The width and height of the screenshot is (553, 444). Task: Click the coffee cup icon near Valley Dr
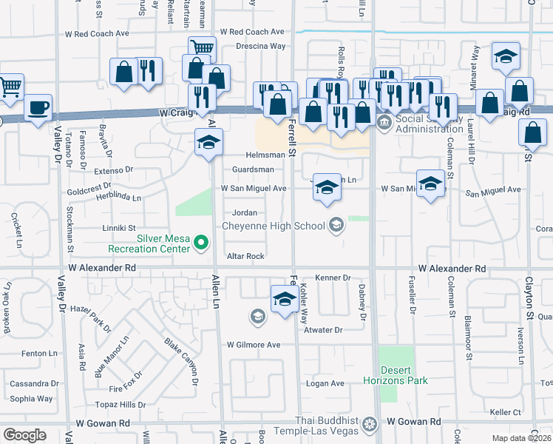click(38, 108)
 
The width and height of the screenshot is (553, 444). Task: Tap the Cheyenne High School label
click(274, 226)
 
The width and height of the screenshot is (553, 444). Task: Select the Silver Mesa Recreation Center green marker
click(200, 242)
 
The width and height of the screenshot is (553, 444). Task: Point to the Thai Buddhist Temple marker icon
click(368, 425)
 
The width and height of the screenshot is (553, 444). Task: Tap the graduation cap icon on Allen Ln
click(208, 141)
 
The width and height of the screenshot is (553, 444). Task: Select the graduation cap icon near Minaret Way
click(506, 56)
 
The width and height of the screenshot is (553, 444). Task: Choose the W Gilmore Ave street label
click(254, 345)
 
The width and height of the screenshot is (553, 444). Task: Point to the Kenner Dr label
click(332, 277)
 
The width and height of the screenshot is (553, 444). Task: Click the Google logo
click(24, 435)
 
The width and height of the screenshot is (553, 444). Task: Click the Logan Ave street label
click(325, 383)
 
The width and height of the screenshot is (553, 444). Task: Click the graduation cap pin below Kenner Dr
click(284, 300)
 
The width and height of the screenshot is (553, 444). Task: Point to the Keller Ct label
click(506, 412)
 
